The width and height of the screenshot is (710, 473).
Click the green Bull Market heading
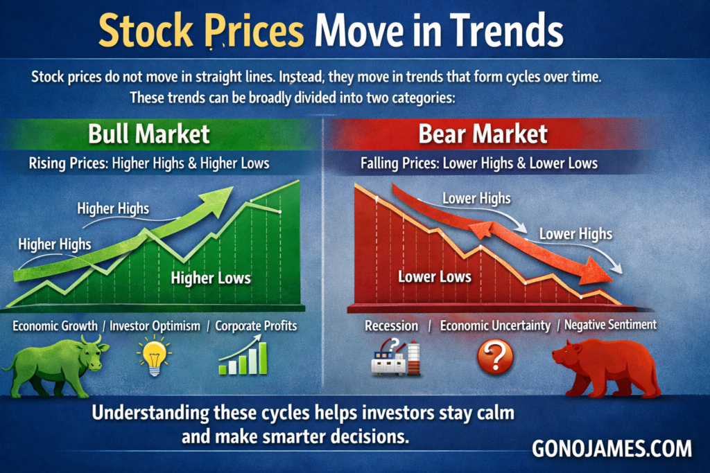pos(149,134)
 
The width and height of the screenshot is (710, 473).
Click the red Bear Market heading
pos(483,134)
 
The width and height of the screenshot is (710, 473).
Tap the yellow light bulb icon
pos(154,356)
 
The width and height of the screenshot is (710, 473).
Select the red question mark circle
pos(495,357)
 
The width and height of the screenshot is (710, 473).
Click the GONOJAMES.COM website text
pos(612,449)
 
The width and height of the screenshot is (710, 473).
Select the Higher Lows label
pos(211,278)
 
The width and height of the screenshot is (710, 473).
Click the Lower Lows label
pos(435,277)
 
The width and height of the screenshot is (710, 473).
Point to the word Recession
pos(392,325)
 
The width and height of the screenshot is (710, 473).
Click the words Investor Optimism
pos(155,326)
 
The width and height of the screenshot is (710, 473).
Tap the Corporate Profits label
pos(256,326)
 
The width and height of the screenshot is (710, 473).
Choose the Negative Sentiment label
pos(610,325)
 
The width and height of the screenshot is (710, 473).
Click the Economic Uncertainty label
pos(495,325)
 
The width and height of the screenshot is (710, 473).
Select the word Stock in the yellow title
pos(146,30)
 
